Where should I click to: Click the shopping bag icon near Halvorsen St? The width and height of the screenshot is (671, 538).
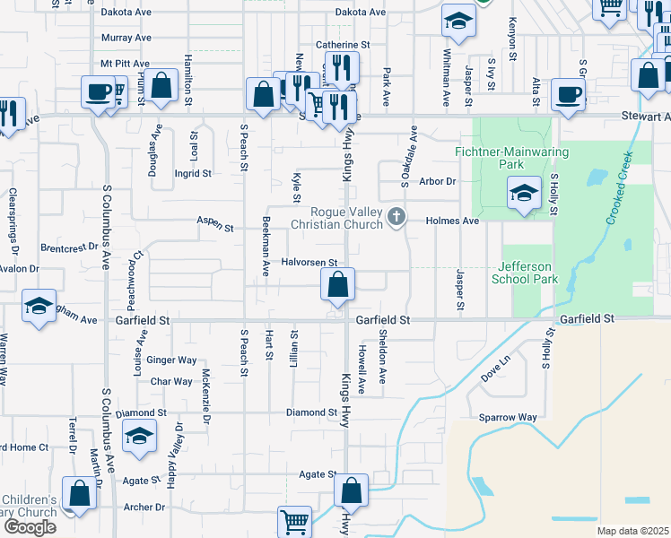pyautogui.click(x=338, y=287)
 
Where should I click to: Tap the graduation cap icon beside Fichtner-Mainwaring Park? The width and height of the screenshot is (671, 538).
pyautogui.click(x=523, y=194)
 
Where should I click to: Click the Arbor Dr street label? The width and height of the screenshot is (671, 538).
pyautogui.click(x=438, y=181)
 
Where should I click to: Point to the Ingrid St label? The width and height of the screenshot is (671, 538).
pyautogui.click(x=193, y=173)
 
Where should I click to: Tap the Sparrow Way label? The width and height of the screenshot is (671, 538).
pyautogui.click(x=507, y=418)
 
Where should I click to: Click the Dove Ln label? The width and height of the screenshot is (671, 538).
pyautogui.click(x=495, y=368)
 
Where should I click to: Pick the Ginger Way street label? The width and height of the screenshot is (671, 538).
pyautogui.click(x=171, y=360)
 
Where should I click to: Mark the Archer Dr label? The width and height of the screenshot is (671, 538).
pyautogui.click(x=144, y=508)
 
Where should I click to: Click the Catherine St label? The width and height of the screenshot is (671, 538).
pyautogui.click(x=343, y=44)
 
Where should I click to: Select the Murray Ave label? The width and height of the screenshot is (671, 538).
pyautogui.click(x=126, y=39)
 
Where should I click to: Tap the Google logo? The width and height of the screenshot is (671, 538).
pyautogui.click(x=30, y=526)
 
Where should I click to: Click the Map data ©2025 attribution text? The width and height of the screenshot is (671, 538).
pyautogui.click(x=632, y=531)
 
